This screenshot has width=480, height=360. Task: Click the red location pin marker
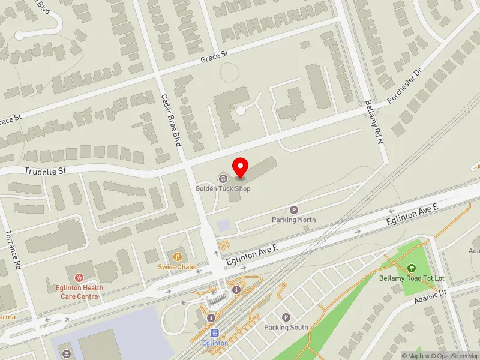pos(241,167)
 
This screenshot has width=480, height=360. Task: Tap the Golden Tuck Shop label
pos(223,188)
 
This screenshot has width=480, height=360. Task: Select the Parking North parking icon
pos(294,209)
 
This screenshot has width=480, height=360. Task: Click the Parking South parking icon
pos(286,317)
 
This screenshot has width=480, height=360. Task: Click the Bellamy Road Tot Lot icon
pos(412,268)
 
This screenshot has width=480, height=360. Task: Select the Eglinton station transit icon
pos(214,333)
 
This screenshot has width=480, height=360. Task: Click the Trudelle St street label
pos(45,171)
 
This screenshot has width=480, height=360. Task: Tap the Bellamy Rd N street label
pos(373,121)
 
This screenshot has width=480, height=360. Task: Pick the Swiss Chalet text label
pos(178,267)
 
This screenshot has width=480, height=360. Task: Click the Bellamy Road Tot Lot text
pos(412,278)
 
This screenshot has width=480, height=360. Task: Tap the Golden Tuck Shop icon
pos(223,177)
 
